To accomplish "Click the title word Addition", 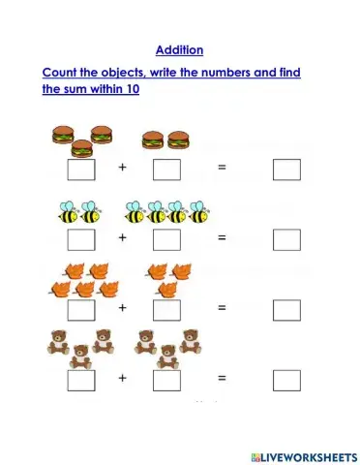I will click(x=179, y=50).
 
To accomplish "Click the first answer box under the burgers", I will click(x=81, y=170).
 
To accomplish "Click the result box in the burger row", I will click(x=286, y=170).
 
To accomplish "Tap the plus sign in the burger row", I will click(x=123, y=169).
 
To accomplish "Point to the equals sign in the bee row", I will click(x=222, y=237).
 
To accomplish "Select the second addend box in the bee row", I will click(x=166, y=238).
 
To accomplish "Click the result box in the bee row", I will click(x=286, y=238).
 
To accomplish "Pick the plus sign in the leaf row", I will click(x=123, y=308).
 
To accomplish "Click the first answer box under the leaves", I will click(x=81, y=310).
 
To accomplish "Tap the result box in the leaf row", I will click(x=286, y=310).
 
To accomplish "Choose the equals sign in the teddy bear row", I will click(x=222, y=378).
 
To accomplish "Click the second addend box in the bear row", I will click(x=166, y=380).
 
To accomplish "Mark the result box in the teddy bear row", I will click(x=286, y=380).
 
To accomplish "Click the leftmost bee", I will click(x=67, y=211).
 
